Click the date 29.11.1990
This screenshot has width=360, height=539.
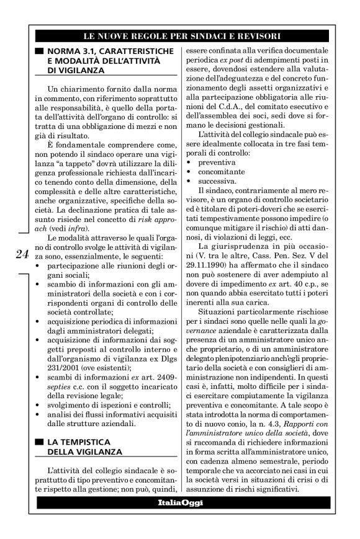(199, 267)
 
